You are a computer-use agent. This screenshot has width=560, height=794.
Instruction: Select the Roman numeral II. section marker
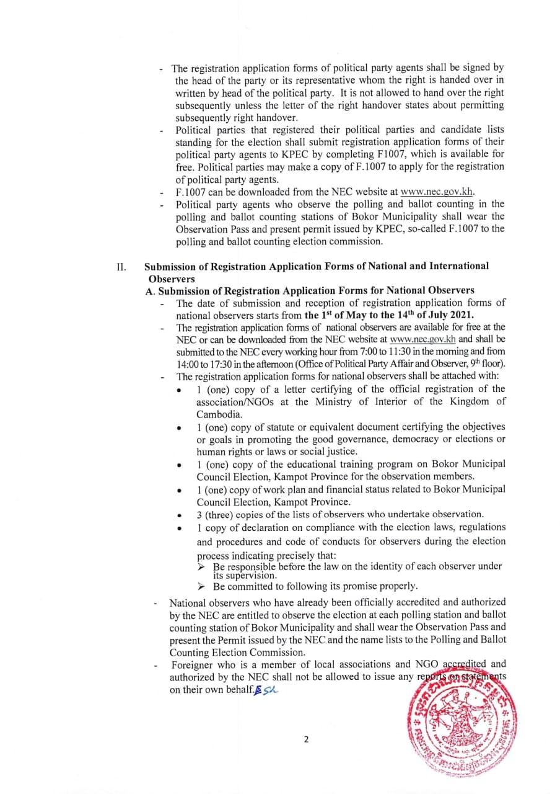[121, 267]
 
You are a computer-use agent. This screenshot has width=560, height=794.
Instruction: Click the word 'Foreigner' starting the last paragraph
[191, 665]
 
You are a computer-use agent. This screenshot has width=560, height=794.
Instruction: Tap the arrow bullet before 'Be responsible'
[201, 566]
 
